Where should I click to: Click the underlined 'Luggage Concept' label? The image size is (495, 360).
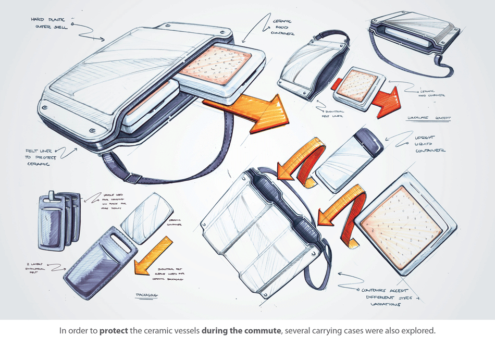tap(428, 118)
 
